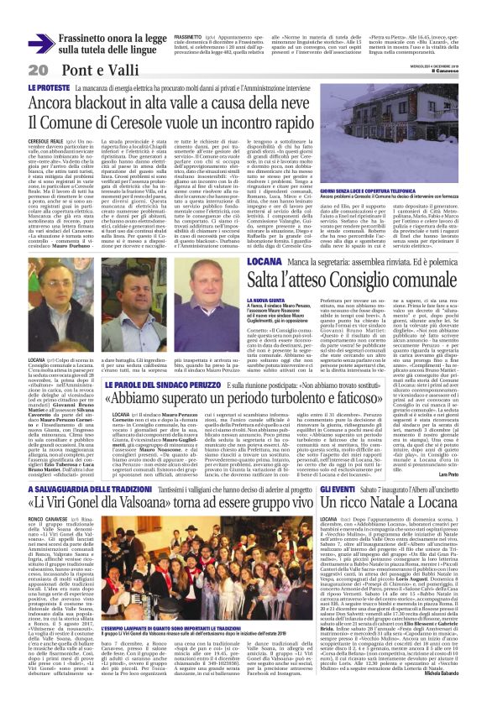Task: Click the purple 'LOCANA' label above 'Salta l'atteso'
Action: click(312, 264)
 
